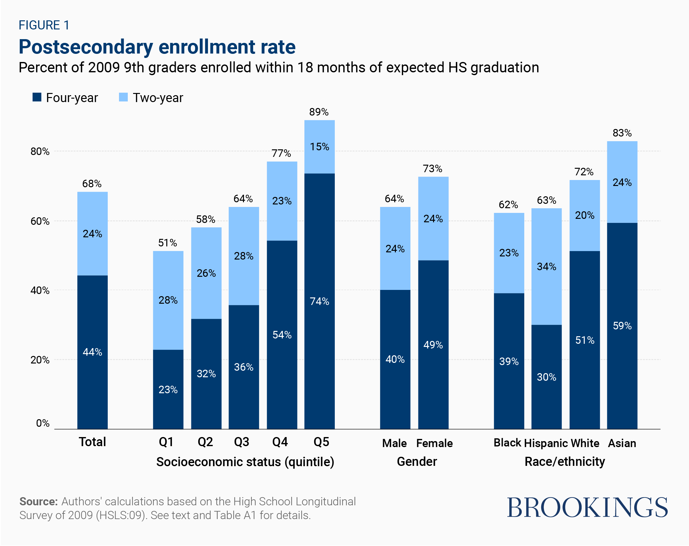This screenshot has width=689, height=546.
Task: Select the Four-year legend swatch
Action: click(37, 97)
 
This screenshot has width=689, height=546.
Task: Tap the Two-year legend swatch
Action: click(123, 97)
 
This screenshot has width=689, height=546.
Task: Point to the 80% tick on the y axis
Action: click(40, 152)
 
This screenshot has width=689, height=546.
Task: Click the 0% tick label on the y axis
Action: click(43, 423)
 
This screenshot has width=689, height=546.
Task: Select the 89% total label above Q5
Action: click(319, 112)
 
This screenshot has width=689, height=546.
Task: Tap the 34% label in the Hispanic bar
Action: click(547, 266)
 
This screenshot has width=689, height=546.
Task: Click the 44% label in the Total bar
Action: click(92, 352)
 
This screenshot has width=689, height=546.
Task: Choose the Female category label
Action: click(434, 443)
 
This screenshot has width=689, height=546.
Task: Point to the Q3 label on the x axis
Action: click(241, 442)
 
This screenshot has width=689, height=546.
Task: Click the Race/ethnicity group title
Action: click(565, 462)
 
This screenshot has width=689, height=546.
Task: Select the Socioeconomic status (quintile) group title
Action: click(245, 462)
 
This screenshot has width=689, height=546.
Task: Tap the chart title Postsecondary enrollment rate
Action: click(157, 47)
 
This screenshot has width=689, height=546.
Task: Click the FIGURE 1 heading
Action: click(44, 25)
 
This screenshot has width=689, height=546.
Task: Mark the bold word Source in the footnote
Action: click(38, 502)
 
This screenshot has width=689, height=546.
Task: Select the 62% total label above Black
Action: click(508, 205)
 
